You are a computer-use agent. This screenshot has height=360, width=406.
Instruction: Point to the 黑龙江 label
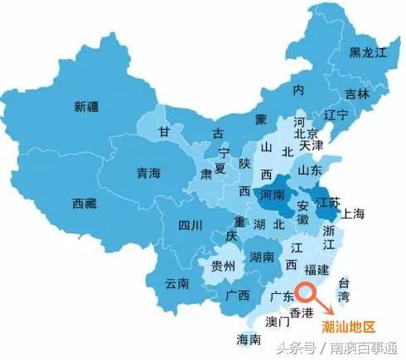[x=368, y=53]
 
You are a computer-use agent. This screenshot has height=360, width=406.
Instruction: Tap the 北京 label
[x=307, y=133]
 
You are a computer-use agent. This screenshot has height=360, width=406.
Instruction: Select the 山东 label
[x=310, y=170]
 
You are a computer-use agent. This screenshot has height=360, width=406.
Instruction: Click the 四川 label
[x=190, y=224]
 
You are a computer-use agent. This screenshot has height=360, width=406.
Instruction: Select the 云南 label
[x=176, y=283]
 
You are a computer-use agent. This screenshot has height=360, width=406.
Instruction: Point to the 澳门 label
[x=278, y=319]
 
